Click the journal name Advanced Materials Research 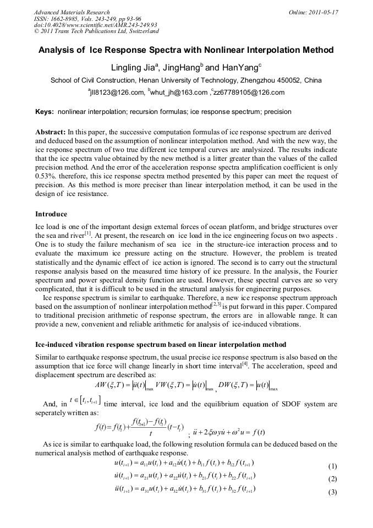(72, 12)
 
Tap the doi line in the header (95, 25)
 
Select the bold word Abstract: (50, 133)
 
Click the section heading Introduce (51, 214)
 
